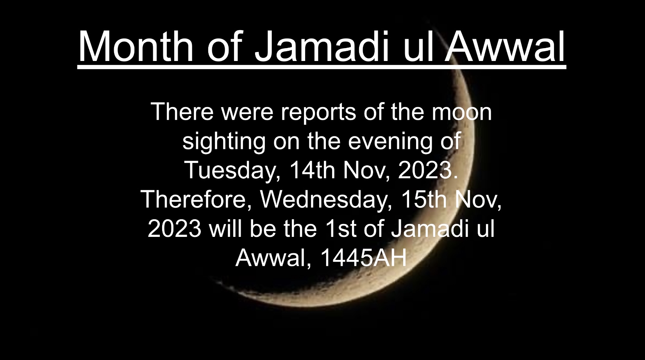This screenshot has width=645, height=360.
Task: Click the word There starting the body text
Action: coord(182,112)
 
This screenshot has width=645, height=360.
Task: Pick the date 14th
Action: coord(313,170)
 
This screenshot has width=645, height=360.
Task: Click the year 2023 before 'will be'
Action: coord(175,229)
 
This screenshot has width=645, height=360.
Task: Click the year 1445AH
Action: coord(364,258)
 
